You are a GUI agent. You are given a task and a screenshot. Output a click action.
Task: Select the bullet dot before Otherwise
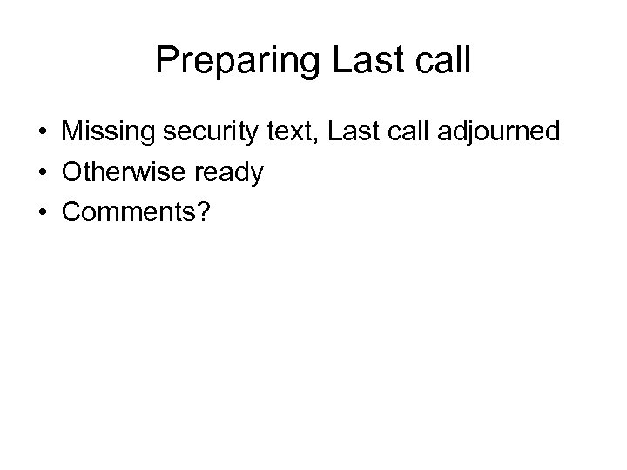point(43,173)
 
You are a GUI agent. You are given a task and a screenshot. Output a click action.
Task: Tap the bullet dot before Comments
point(43,213)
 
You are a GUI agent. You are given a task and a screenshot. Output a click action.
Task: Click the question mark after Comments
point(203,212)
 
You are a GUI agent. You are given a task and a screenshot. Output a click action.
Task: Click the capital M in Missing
point(71,133)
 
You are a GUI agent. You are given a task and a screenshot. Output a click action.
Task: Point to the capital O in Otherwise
point(72,172)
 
